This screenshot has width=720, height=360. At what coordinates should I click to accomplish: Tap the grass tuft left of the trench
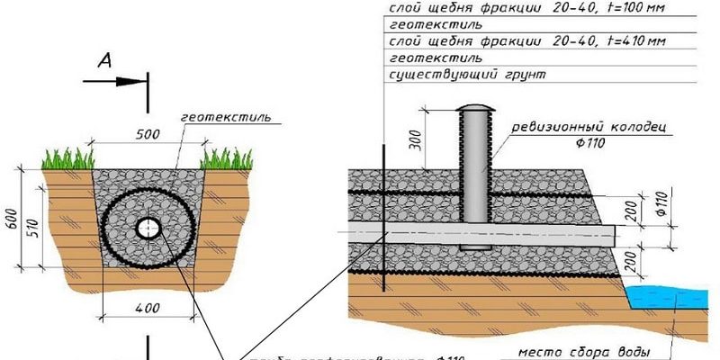pos(68,159)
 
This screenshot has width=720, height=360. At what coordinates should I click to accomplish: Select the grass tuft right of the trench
pos(224,159)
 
